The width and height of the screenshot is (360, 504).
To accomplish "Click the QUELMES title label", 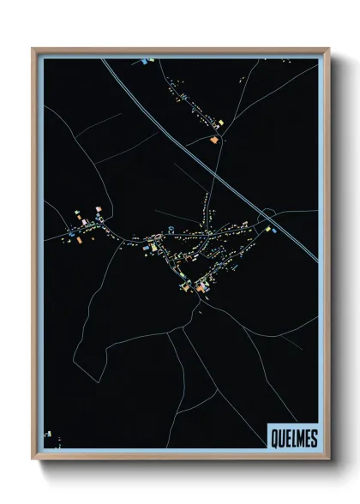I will (x=292, y=439).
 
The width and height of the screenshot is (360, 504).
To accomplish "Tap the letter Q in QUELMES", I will (x=273, y=439).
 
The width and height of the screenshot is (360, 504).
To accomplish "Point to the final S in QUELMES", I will (x=313, y=439).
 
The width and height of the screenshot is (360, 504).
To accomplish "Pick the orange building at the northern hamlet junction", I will (x=213, y=139).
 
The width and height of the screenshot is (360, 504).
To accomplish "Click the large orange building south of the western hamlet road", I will (x=80, y=239).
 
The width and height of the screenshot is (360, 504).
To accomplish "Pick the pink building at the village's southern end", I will (x=201, y=289).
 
